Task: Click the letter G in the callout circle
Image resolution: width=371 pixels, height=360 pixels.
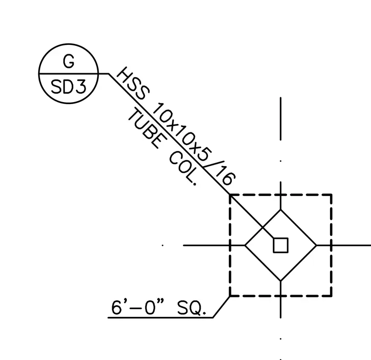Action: click(x=69, y=61)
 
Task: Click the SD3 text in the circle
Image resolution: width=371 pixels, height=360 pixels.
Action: click(x=69, y=86)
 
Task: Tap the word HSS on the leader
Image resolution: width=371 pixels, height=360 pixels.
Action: click(x=133, y=83)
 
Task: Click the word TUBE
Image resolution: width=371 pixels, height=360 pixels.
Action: click(x=144, y=128)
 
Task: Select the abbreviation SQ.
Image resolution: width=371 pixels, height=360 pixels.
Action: click(x=191, y=308)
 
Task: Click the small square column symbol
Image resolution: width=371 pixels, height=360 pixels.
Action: click(x=281, y=245)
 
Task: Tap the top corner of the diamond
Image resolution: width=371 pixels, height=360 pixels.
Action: click(x=281, y=210)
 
